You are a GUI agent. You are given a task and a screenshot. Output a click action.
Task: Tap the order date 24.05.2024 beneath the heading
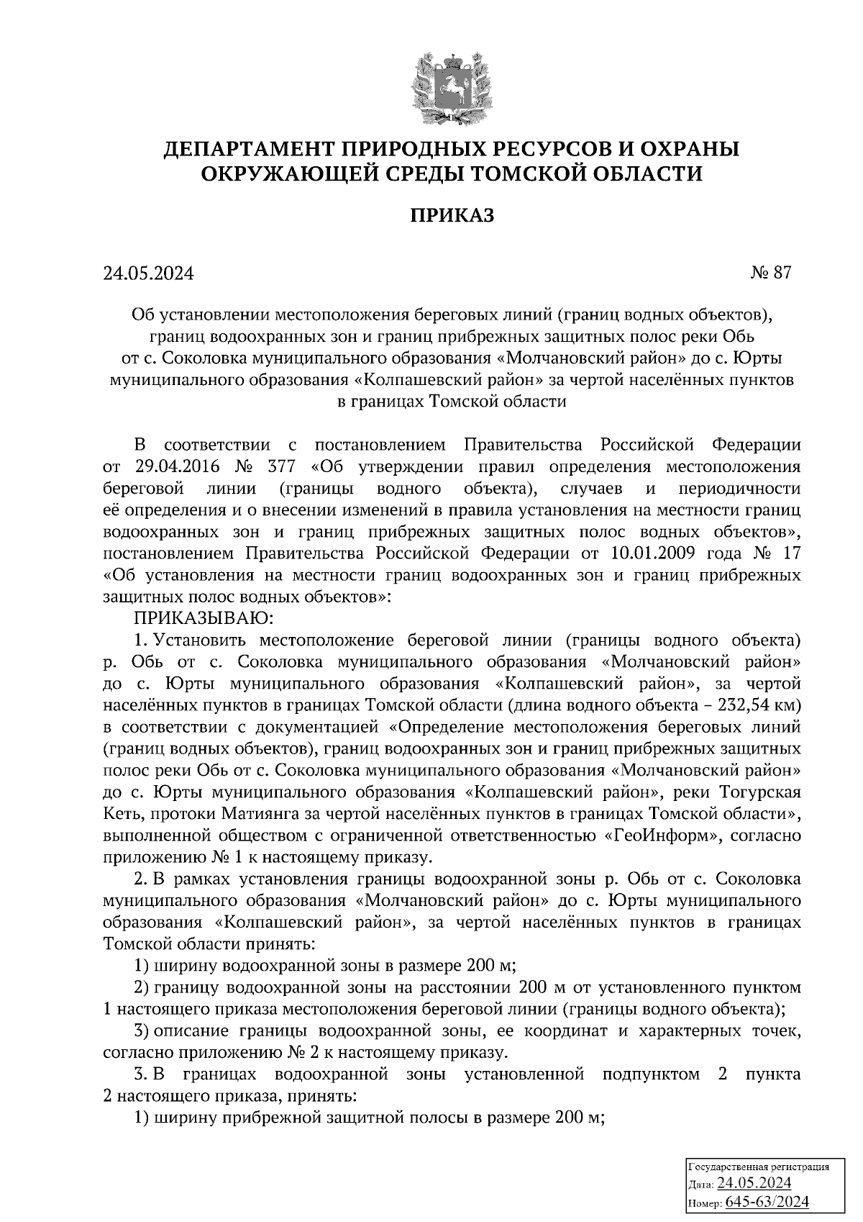148,273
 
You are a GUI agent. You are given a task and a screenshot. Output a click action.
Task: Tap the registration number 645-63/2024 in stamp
766,1201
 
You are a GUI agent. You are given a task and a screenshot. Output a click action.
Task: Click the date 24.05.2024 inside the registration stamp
754,1184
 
